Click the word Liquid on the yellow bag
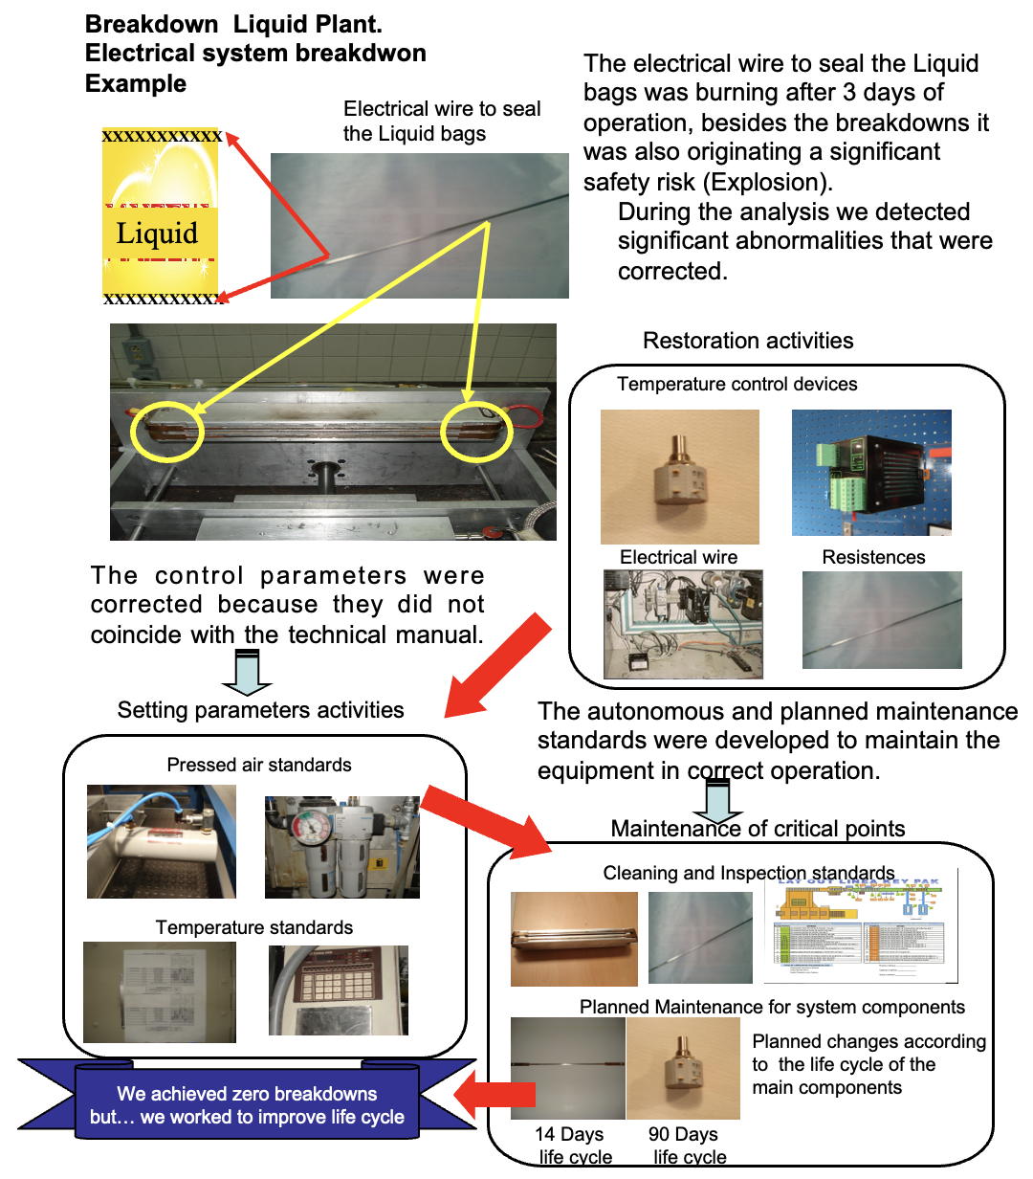point(157,234)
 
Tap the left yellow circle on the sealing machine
point(167,433)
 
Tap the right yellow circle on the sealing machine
point(476,433)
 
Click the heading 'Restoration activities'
point(748,341)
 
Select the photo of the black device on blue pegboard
point(871,473)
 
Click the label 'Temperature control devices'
point(736,384)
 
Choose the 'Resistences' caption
point(873,557)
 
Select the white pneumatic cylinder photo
point(161,841)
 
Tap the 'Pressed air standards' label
point(259,765)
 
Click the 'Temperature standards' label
point(254,927)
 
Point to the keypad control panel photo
point(339,990)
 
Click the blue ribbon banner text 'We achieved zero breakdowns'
point(247,1094)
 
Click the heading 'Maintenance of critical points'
point(758,829)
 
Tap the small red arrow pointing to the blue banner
point(492,1094)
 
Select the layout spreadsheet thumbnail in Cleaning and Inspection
point(860,927)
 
